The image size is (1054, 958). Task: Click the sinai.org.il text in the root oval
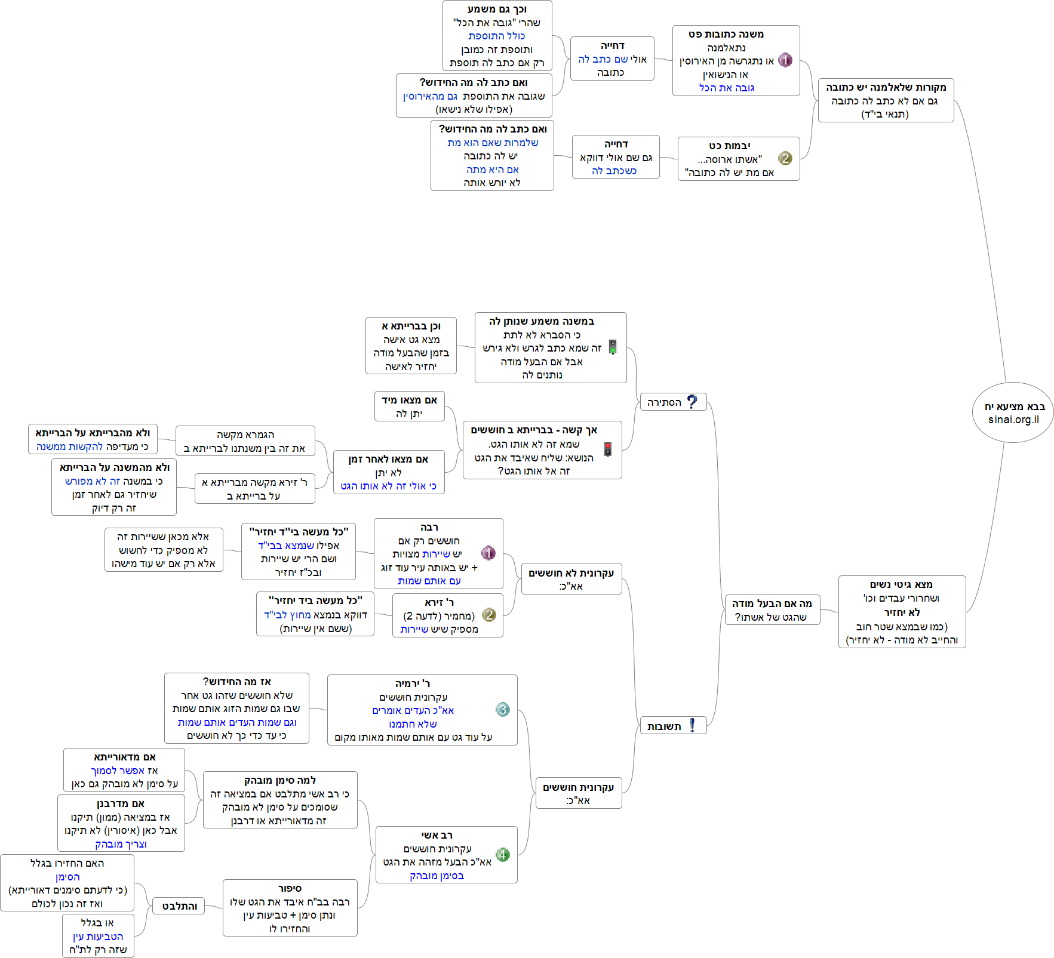pyautogui.click(x=1013, y=420)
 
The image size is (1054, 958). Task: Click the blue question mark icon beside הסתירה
pyautogui.click(x=692, y=402)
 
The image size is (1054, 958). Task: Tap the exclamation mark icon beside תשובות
pyautogui.click(x=692, y=725)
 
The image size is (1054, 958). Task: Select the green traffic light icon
pyautogui.click(x=613, y=347)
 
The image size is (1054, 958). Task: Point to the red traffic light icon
pyautogui.click(x=608, y=449)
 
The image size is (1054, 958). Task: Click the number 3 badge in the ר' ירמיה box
pyautogui.click(x=503, y=709)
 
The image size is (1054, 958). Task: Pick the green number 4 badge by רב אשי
pyautogui.click(x=503, y=855)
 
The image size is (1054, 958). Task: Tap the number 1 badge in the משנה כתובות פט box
pyautogui.click(x=785, y=60)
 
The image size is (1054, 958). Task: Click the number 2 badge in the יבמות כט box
pyautogui.click(x=785, y=158)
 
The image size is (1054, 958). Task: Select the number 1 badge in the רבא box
pyautogui.click(x=488, y=553)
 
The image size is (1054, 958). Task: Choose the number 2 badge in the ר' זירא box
pyautogui.click(x=488, y=615)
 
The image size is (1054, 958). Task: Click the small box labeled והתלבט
pyautogui.click(x=179, y=906)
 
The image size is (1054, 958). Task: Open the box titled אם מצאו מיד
pyautogui.click(x=410, y=406)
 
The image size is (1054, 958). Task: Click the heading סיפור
pyautogui.click(x=290, y=889)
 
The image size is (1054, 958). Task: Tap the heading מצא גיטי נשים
pyautogui.click(x=902, y=584)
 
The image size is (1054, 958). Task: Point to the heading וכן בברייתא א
pyautogui.click(x=411, y=326)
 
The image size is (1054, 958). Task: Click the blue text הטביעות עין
pyautogui.click(x=98, y=937)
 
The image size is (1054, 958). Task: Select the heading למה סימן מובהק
pyautogui.click(x=280, y=780)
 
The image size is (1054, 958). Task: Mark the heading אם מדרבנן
pyautogui.click(x=121, y=803)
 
